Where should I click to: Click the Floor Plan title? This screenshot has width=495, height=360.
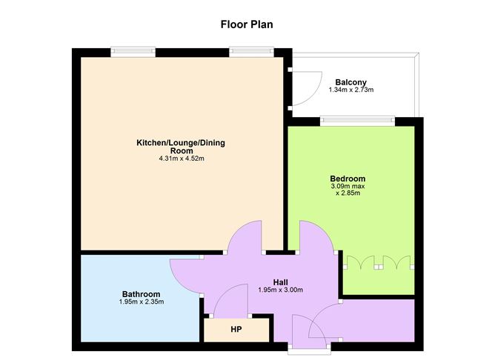pos(247,24)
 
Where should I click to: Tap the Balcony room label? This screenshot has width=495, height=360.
pos(351,82)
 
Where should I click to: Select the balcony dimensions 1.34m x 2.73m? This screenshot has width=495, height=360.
pos(351,90)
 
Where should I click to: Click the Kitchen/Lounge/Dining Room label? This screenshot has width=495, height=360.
pos(181,146)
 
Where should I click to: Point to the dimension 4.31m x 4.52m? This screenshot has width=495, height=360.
pos(181,159)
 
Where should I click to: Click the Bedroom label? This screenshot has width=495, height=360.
pos(348,179)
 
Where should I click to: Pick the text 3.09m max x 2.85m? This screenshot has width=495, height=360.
pos(348,190)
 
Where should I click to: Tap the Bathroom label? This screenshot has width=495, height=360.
pos(141,294)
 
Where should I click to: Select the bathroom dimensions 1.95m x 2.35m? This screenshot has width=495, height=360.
pos(141,302)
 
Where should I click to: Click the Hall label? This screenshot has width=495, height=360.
pos(280,281)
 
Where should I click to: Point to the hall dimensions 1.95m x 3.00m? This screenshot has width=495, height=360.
pos(280,290)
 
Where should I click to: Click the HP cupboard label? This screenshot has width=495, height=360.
pos(236,329)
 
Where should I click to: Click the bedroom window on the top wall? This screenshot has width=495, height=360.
pos(357,119)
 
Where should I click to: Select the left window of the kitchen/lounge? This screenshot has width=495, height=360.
pos(133,52)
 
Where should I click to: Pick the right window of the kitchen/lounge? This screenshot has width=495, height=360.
pos(251,52)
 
